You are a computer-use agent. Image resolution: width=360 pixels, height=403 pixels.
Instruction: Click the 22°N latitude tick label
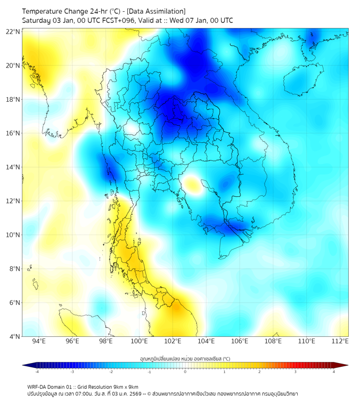coord(13,31)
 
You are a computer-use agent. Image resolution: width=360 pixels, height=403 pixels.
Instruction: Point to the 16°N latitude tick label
coord(13,133)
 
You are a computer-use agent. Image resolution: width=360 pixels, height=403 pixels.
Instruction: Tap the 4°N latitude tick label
coord(14,336)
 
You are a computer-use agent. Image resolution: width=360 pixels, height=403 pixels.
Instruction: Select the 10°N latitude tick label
coord(13,235)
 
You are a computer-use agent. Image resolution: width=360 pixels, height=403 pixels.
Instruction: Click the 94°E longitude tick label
coord(39,341)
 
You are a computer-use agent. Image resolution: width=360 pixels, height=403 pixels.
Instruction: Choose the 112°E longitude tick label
coord(340,341)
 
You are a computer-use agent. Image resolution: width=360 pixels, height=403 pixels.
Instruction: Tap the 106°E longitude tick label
coord(240,341)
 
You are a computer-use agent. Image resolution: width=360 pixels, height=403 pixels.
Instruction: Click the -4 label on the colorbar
coord(37,372)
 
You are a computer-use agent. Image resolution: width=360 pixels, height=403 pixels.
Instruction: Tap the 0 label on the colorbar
coord(185,372)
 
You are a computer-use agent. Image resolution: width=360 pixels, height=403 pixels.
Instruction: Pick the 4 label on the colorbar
coord(334,372)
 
